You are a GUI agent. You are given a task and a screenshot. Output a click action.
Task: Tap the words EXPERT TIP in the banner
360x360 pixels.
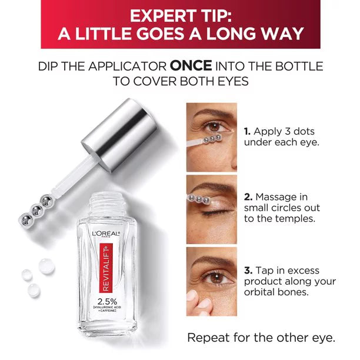coord(180,14)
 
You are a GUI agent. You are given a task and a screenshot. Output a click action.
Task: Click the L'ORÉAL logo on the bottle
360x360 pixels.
coord(106,234)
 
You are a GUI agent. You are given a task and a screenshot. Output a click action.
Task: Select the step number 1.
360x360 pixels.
coord(246,131)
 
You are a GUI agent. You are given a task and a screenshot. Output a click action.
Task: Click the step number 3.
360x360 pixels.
coord(247,271)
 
